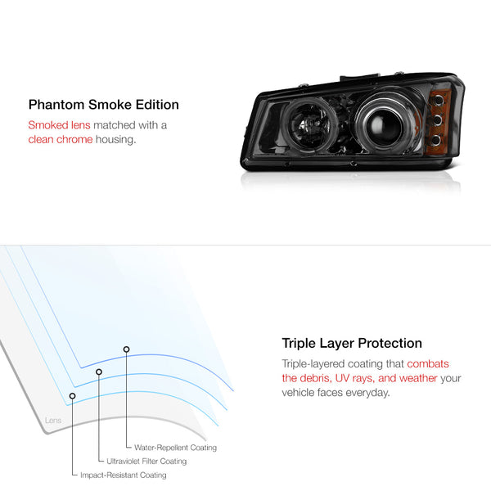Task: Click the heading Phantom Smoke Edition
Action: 103,105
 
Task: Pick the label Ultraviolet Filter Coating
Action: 147,462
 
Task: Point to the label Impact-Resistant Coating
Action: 123,475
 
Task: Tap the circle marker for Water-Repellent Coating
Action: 126,349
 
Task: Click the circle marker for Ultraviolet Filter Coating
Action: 99,372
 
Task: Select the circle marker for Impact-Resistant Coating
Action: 73,396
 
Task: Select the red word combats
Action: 428,363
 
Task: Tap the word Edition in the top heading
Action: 156,105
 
